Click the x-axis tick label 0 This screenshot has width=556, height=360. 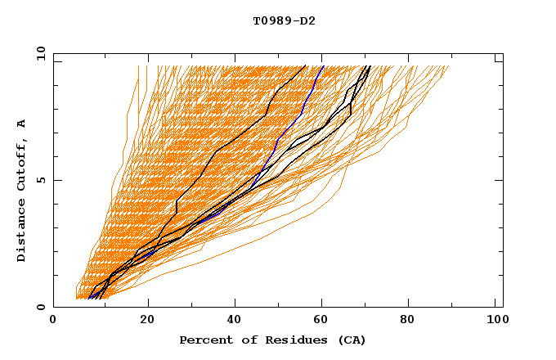53,322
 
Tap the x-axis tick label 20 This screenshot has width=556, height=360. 148,322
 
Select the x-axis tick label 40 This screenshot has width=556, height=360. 236,322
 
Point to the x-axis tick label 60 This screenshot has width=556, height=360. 325,322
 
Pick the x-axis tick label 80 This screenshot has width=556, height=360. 413,322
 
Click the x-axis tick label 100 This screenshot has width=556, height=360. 495,322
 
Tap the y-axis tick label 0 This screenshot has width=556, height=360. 40,308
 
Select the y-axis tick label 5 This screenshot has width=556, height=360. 40,180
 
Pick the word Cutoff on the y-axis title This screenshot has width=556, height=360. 22,164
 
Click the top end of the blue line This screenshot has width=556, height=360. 323,66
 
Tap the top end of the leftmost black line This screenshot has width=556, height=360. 305,66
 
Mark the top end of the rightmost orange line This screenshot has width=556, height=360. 449,66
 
